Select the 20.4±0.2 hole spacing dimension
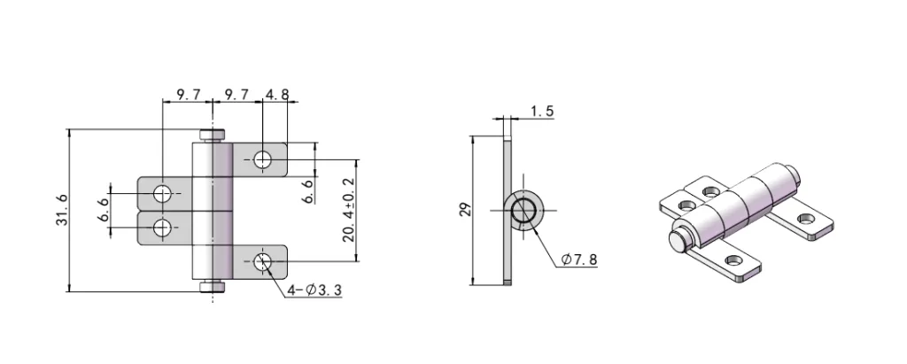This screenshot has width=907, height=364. [348, 210]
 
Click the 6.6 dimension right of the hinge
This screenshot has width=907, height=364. [307, 190]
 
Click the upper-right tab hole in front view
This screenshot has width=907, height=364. [262, 159]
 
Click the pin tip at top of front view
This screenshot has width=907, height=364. [212, 135]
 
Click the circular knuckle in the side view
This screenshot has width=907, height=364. [523, 210]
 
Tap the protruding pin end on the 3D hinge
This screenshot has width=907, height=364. [678, 238]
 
